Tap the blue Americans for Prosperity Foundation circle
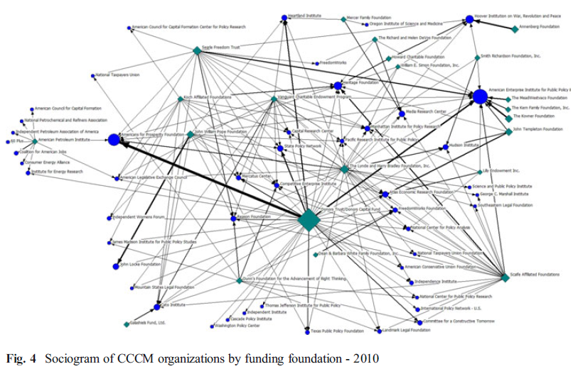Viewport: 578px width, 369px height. click(114, 140)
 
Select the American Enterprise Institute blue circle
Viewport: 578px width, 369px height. click(481, 97)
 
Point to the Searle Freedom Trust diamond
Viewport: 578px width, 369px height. click(197, 50)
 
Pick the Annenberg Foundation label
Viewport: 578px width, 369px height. click(541, 26)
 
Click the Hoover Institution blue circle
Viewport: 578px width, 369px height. click(469, 20)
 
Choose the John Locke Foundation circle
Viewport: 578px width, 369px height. click(115, 266)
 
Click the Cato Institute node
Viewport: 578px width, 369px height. click(157, 307)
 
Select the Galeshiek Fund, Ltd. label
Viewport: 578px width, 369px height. click(148, 322)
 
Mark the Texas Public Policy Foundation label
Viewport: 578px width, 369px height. click(333, 330)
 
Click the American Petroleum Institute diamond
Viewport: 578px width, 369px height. click(35, 141)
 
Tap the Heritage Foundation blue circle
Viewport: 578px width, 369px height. click(338, 85)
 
